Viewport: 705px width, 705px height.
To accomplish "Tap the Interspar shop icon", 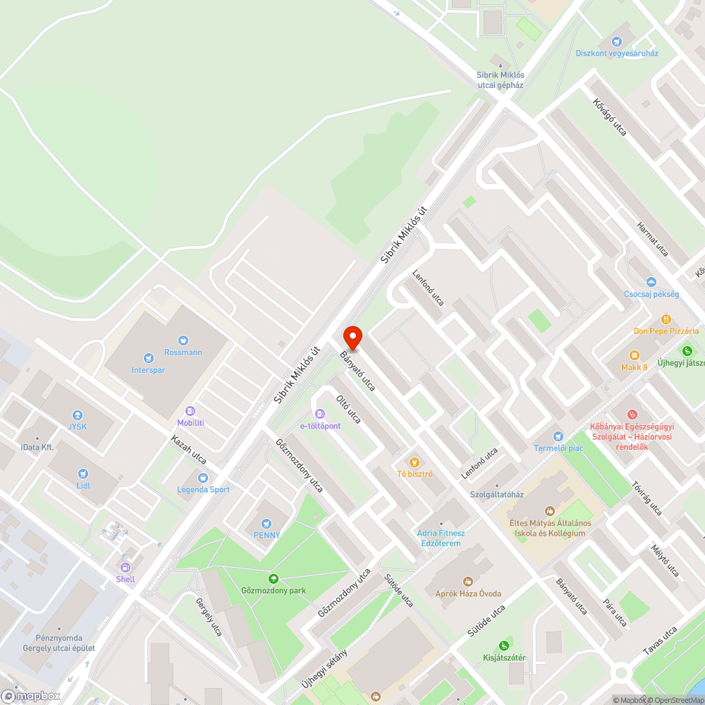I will pos(148,357).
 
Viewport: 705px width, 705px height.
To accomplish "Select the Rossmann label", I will pos(183,352).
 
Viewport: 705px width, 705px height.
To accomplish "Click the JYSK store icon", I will pos(77,415).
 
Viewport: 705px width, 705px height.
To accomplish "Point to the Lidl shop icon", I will pos(84,473).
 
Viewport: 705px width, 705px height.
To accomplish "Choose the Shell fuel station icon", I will pos(125,567).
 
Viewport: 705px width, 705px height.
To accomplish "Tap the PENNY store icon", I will pos(266,522).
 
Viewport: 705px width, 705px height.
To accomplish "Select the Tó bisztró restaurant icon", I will pos(415,461).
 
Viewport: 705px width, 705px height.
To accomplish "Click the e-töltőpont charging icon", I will pos(320,413).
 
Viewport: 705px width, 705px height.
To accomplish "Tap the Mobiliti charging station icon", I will pos(190,410).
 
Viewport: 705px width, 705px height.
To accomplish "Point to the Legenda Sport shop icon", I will pos(204,477).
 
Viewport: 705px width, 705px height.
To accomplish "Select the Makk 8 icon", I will pos(634,355).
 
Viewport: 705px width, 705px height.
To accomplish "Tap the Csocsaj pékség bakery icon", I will pos(651,282).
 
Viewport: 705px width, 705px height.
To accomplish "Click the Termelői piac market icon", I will pos(558,436).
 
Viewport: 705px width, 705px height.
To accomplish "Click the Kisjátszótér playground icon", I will pos(503,645).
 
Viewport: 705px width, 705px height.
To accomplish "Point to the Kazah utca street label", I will pos(188,448).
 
